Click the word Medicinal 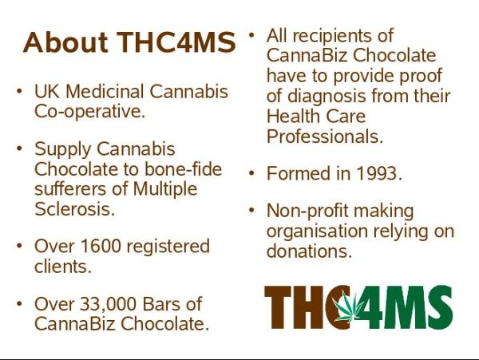point(105,91)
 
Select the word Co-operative point(89,112)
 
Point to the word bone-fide point(183,169)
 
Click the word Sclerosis point(74,209)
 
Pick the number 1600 point(101,246)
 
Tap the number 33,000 point(108,304)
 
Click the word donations point(309,251)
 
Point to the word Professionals point(325,136)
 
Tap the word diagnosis point(327,97)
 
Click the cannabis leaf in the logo point(348,307)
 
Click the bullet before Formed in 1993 point(251,173)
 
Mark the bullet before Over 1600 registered point(19,246)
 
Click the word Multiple point(165,189)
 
